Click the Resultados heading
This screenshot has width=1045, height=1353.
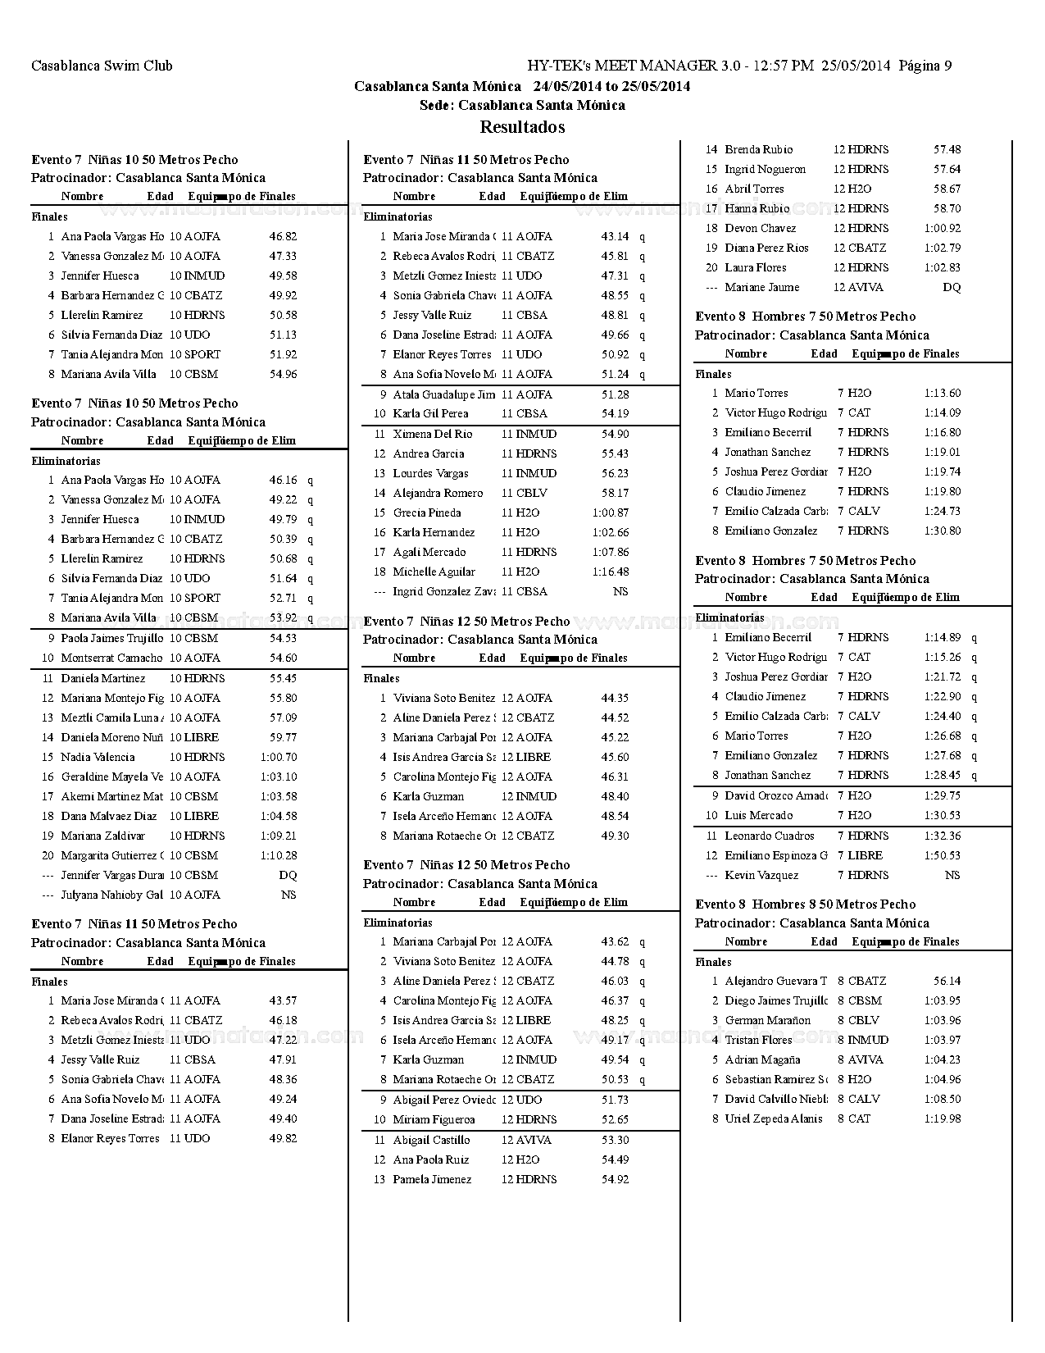(522, 127)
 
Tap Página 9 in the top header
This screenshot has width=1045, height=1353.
(925, 66)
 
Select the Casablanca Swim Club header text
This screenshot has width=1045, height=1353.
(102, 66)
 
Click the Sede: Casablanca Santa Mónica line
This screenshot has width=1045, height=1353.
(522, 105)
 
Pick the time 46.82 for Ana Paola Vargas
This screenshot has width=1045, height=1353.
(283, 236)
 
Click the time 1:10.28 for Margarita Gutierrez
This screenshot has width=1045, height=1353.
(279, 855)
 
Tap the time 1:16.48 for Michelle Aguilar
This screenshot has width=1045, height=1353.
(611, 572)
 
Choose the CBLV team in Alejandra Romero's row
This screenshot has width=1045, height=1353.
(532, 493)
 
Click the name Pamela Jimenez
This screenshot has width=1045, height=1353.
(432, 1179)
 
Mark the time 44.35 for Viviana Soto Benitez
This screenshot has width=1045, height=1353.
(615, 698)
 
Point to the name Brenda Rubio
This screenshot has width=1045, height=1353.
(758, 149)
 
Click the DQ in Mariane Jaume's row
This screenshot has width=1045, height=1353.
(952, 287)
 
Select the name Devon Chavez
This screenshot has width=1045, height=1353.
(760, 228)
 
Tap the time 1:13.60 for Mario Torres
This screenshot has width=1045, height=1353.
(943, 393)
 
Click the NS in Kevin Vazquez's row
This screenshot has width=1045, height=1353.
(952, 875)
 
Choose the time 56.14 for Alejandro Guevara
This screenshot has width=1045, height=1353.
(947, 981)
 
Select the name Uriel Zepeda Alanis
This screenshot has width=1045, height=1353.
(773, 1118)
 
